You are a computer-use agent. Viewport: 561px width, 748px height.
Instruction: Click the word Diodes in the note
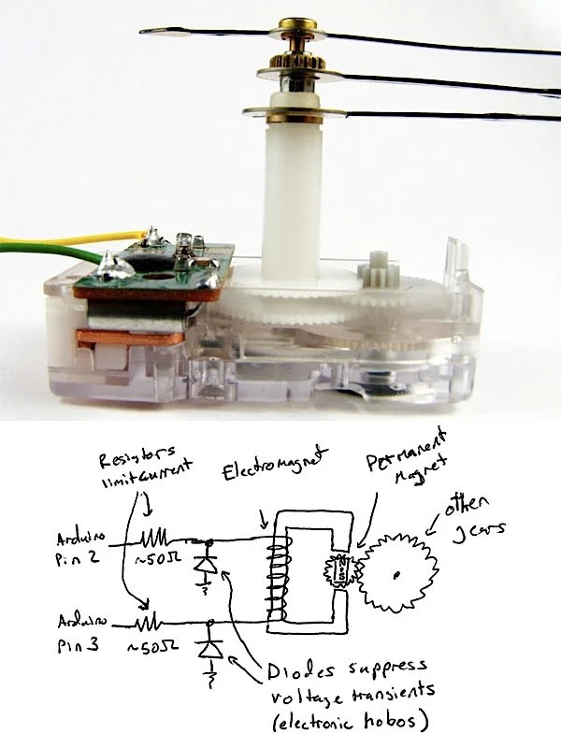tap(300, 669)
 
